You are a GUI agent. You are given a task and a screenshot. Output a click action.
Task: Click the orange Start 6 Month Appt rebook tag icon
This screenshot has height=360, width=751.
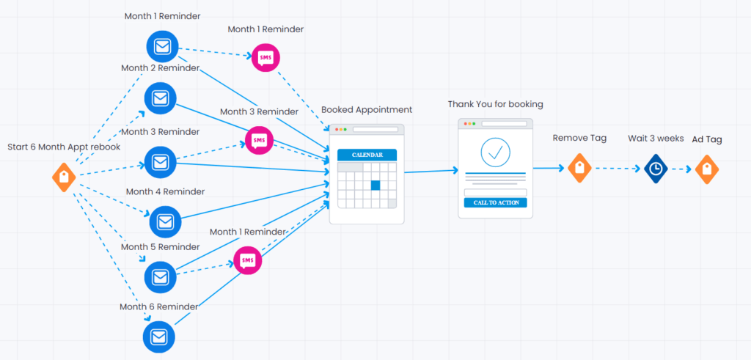click(64, 177)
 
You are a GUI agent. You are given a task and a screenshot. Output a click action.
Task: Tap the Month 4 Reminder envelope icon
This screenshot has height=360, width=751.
click(165, 221)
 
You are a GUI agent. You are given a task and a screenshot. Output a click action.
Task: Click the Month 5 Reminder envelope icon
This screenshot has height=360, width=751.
click(160, 276)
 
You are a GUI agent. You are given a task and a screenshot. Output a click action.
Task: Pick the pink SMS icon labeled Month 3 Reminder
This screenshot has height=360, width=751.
click(258, 139)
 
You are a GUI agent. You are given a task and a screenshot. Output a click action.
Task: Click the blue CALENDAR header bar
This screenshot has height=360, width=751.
click(367, 155)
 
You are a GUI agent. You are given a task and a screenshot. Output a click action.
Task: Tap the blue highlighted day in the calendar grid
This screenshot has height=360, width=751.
click(375, 185)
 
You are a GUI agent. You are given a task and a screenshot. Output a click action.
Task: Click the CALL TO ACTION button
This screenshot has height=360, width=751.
click(495, 202)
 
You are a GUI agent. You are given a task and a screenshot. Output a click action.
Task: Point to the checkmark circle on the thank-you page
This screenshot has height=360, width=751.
click(496, 152)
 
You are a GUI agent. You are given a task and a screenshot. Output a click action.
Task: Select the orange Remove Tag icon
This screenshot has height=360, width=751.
click(579, 168)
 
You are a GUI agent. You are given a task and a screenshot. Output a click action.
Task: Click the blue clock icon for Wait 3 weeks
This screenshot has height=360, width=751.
click(655, 168)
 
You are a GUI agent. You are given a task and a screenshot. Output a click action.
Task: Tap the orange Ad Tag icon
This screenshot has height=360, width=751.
click(707, 169)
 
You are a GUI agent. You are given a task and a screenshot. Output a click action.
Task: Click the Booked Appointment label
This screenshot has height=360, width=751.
click(367, 110)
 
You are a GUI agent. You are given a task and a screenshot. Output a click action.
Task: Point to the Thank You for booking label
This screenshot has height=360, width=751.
click(496, 104)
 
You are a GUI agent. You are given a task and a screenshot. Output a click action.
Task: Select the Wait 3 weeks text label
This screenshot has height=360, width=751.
click(656, 138)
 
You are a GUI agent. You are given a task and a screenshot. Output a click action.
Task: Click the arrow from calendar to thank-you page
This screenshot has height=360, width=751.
click(431, 172)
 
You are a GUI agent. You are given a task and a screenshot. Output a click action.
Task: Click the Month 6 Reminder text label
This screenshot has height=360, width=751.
click(159, 306)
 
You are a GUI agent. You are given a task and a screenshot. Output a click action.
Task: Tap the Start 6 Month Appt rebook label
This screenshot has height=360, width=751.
click(64, 147)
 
